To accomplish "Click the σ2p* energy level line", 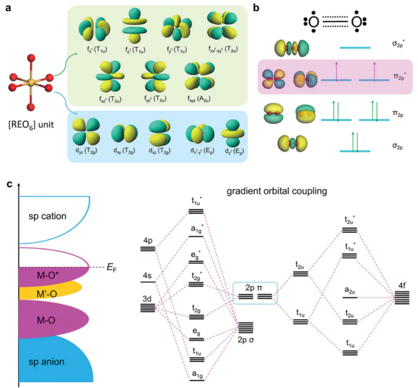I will tap(355, 48).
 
